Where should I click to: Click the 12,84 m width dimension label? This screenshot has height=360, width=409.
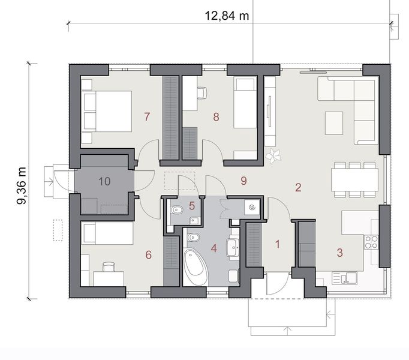tap(227, 16)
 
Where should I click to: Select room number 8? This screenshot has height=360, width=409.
tap(216, 117)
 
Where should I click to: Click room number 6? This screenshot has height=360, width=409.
tap(148, 254)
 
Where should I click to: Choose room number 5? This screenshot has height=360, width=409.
tap(192, 206)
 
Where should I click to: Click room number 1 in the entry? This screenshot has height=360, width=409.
tap(277, 244)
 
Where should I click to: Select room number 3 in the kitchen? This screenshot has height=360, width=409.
tap(339, 253)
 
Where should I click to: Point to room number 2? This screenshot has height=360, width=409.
tap(298, 187)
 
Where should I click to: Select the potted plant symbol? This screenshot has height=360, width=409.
tap(275, 155)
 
